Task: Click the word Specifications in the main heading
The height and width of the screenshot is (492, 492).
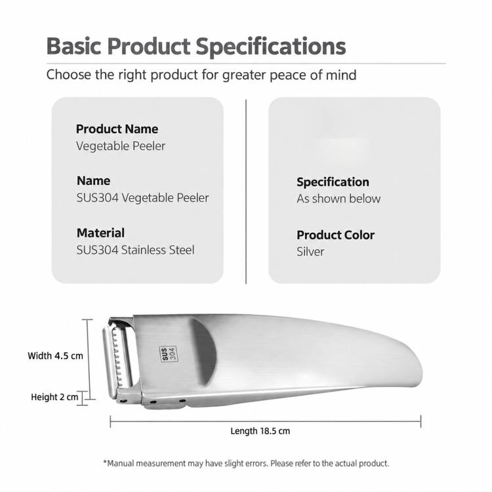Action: tap(271, 47)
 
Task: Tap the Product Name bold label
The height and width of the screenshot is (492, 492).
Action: tap(117, 129)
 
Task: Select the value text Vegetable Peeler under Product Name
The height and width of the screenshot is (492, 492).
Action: tap(121, 146)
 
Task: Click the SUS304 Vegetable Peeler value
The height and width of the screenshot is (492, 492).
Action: tap(143, 197)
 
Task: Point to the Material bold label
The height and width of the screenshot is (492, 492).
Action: tap(100, 233)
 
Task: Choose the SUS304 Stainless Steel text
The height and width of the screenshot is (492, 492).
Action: tap(136, 250)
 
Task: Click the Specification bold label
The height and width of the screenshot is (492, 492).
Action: tap(333, 182)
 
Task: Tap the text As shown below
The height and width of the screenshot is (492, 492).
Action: tap(338, 199)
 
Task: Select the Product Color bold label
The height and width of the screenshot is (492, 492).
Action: tap(335, 235)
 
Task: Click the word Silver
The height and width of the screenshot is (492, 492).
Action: tap(310, 252)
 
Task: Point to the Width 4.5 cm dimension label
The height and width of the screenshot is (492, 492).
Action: tap(56, 356)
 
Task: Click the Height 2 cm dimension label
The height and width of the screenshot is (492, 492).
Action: tap(54, 397)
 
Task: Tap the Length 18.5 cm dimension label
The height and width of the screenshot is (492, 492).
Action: tap(260, 431)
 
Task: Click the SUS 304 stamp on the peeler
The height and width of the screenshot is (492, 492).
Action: tap(169, 354)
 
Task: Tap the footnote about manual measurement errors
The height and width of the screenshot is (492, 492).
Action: tap(246, 463)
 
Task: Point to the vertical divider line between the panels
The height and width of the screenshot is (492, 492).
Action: tap(246, 192)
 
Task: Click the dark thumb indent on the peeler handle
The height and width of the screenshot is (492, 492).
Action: tap(205, 352)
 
